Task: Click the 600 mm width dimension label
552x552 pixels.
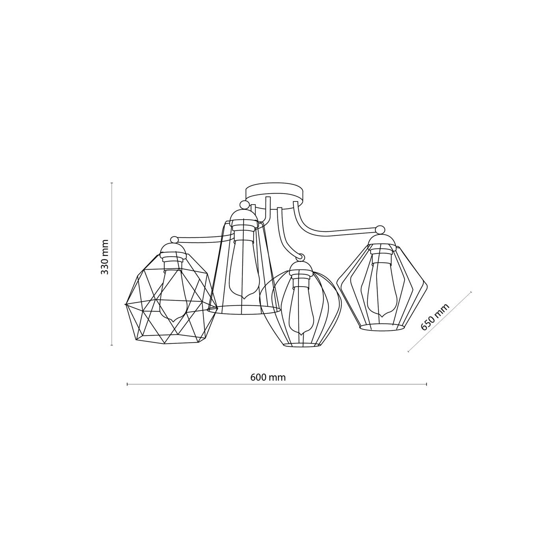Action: [268, 377]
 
